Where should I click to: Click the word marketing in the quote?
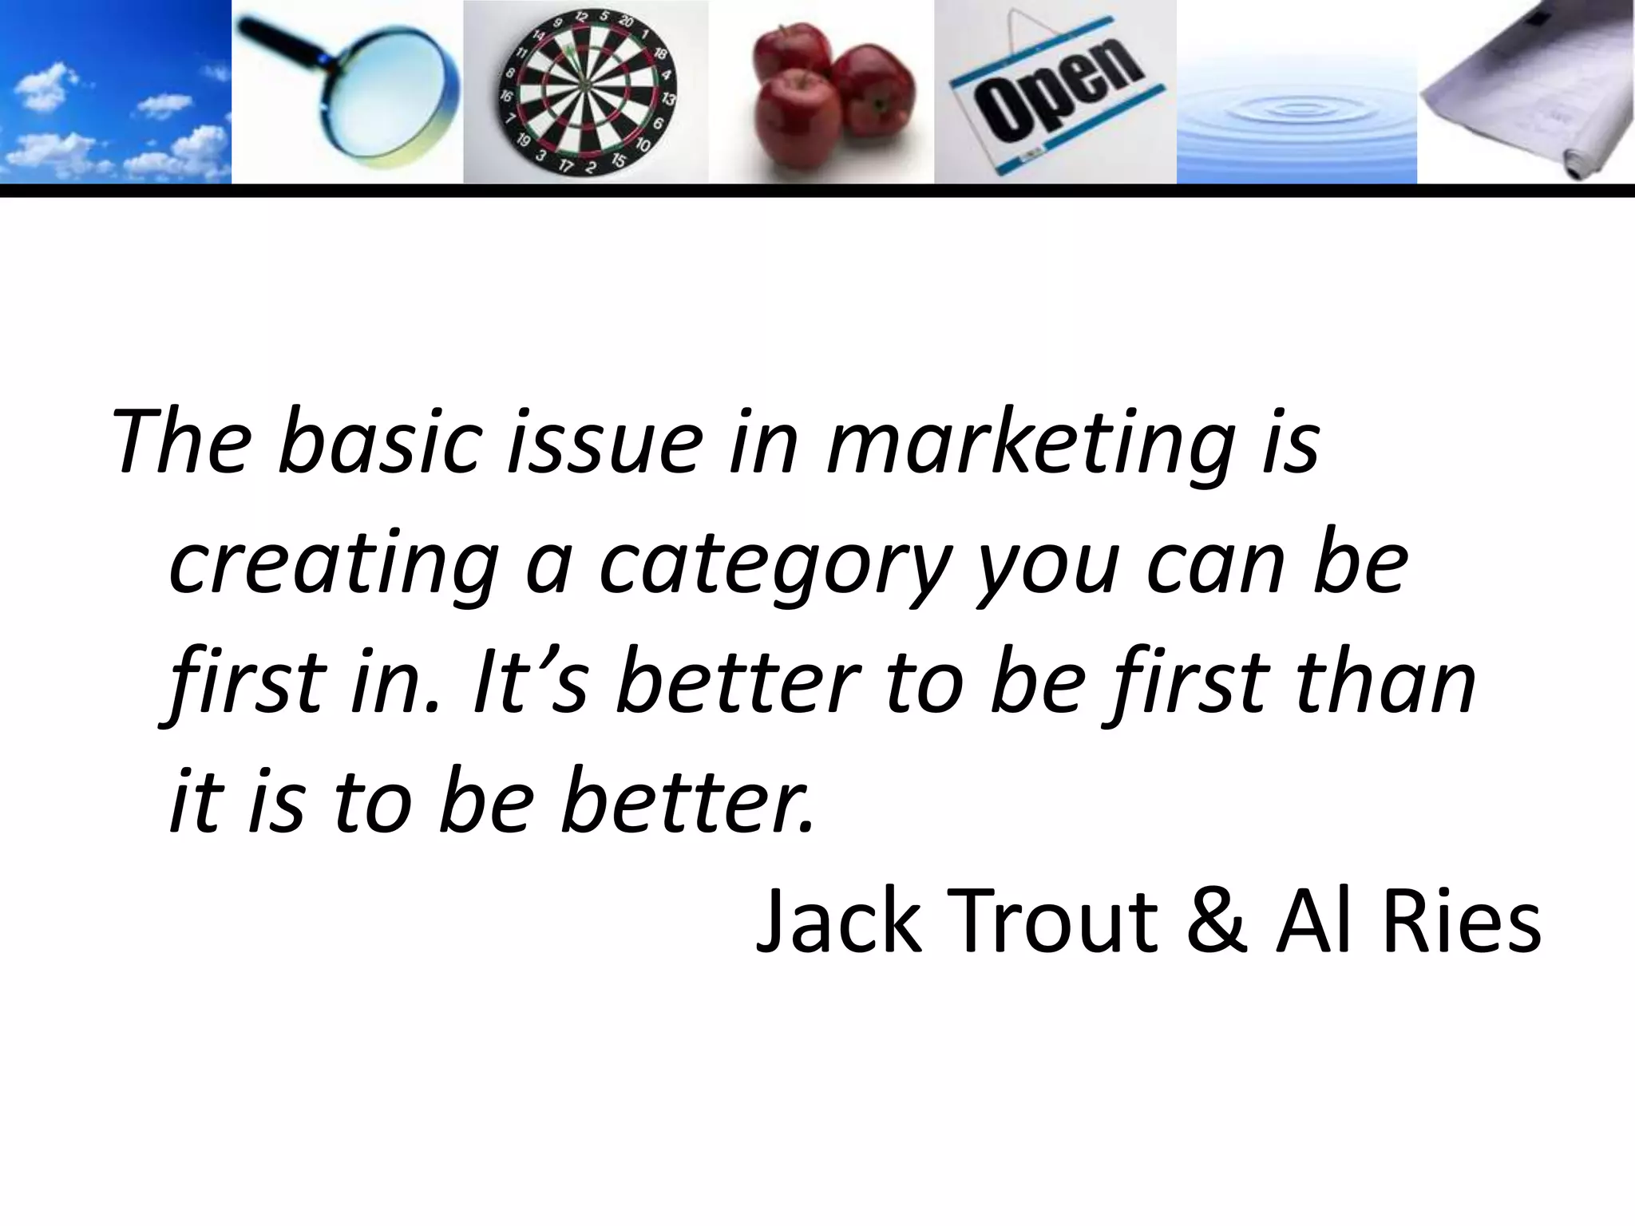coord(1030,444)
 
